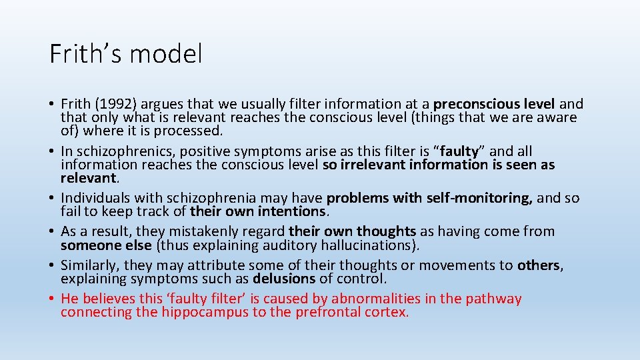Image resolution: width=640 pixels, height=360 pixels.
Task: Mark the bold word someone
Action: click(x=88, y=245)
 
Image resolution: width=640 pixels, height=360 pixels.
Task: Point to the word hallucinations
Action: click(x=367, y=245)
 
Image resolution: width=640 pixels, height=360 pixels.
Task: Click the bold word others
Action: click(x=539, y=265)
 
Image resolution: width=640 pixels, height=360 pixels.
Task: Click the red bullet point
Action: click(x=52, y=299)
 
